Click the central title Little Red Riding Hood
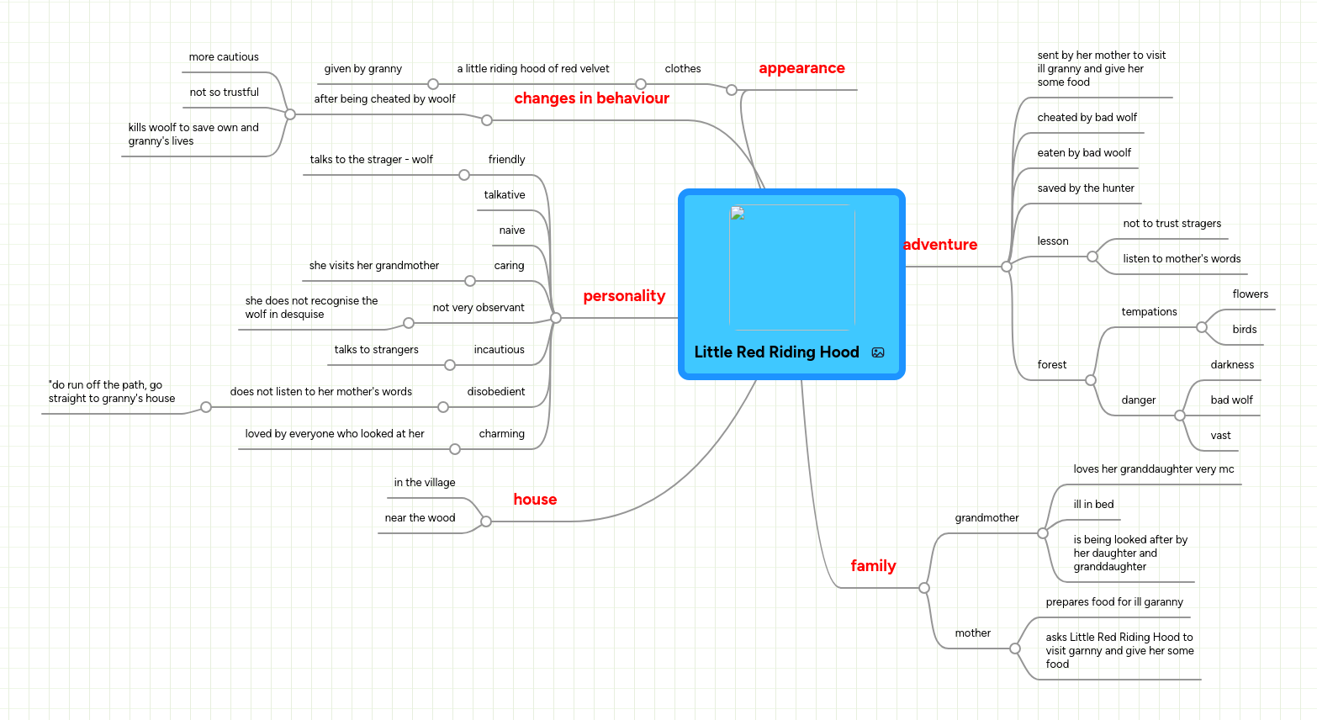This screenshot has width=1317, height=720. (776, 352)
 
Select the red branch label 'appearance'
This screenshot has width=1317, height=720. (801, 68)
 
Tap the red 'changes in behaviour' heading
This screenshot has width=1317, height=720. (591, 98)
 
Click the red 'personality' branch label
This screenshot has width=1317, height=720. (624, 296)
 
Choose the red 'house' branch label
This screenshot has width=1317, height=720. (535, 500)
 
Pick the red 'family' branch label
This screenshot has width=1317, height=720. (873, 566)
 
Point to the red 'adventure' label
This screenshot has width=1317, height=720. (940, 245)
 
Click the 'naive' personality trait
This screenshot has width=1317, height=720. (511, 230)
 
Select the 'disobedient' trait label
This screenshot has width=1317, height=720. (495, 392)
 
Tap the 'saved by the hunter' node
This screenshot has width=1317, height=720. (1086, 188)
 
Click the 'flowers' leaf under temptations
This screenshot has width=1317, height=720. (1250, 294)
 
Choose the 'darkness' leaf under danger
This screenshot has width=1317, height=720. (1232, 365)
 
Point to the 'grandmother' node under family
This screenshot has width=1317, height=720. (986, 518)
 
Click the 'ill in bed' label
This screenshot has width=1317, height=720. (1093, 505)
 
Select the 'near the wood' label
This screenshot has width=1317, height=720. (420, 518)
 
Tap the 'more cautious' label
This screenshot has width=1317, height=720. (224, 57)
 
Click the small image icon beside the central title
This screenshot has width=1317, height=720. (878, 352)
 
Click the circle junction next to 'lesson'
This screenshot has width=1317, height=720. (1092, 257)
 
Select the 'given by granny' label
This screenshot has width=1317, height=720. (362, 69)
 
